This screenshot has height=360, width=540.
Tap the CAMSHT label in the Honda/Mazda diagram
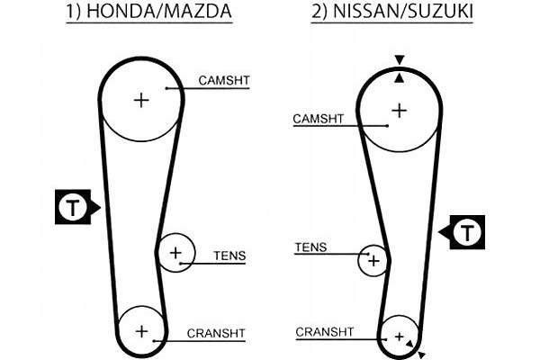click(x=224, y=80)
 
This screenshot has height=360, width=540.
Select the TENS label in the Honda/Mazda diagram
click(x=229, y=256)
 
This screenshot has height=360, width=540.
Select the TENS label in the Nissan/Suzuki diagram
click(x=311, y=247)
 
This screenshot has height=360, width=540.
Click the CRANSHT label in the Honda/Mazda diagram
click(x=216, y=333)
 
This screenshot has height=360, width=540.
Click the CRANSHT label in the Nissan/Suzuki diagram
click(x=324, y=332)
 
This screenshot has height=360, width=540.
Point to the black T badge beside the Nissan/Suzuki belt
click(x=466, y=233)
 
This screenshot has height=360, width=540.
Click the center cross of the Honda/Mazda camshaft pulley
click(x=140, y=99)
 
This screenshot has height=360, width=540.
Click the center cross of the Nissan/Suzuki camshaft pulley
click(x=398, y=110)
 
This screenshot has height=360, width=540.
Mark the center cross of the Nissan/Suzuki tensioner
click(x=373, y=262)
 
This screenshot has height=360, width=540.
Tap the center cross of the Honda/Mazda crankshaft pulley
click(x=141, y=330)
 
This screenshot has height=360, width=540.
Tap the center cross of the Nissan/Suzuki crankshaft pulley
click(x=399, y=337)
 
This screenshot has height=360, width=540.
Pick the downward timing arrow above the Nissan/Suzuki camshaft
click(x=400, y=60)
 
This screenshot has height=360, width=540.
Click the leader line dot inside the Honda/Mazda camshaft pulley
click(x=167, y=88)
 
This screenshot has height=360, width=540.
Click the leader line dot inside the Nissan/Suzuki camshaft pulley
click(x=387, y=125)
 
